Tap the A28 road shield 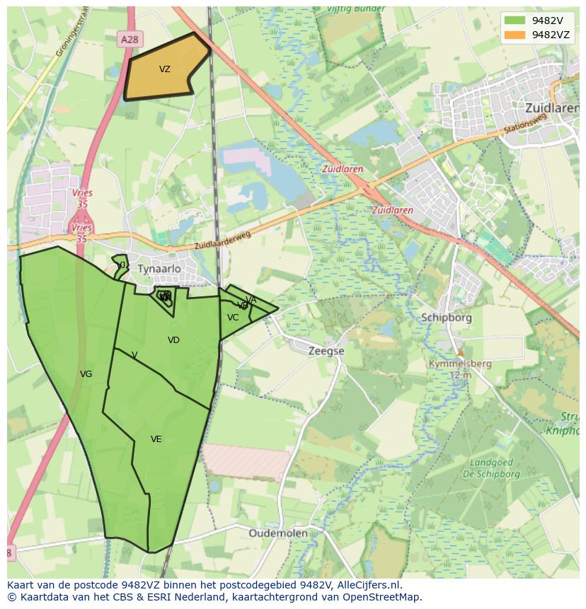130,40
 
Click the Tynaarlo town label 159,269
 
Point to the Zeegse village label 326,350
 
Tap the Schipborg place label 446,318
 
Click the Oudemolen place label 278,533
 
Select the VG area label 86,374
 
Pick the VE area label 156,439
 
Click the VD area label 173,340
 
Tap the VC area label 233,318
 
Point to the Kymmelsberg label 459,364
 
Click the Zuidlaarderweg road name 223,242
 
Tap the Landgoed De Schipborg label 495,468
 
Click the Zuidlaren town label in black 552,108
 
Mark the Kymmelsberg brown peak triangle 460,352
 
